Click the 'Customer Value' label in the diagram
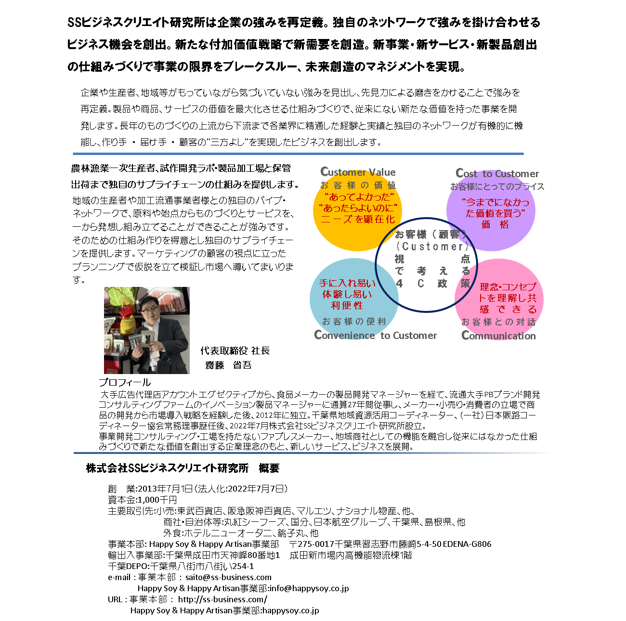(x=358, y=172)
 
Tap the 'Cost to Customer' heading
(x=497, y=173)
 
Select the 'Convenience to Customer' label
(x=375, y=335)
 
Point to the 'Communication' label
(x=498, y=336)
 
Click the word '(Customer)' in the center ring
(x=432, y=246)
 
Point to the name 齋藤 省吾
(x=228, y=365)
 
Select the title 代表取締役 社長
(x=235, y=351)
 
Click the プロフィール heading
(x=125, y=382)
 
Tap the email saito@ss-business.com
(x=228, y=577)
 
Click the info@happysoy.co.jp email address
(x=309, y=588)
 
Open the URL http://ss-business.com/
(x=222, y=599)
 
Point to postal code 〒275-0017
(x=312, y=544)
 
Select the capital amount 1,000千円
(x=157, y=500)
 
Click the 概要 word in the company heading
(x=269, y=468)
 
